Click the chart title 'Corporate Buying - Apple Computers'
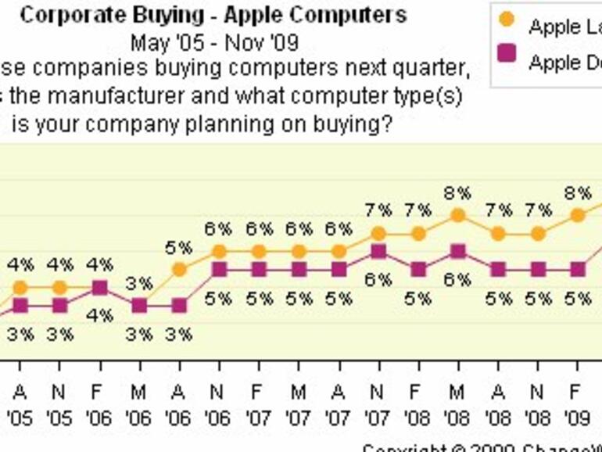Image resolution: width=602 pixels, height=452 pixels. [x=213, y=15]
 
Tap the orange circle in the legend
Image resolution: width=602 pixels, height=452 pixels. [x=507, y=19]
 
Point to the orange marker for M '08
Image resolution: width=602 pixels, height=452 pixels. [x=458, y=215]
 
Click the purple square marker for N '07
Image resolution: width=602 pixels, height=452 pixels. [x=378, y=251]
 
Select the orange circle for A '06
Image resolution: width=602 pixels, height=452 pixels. [x=179, y=270]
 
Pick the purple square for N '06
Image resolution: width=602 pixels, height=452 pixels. [x=219, y=269]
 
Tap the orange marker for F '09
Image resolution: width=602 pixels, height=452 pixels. [x=577, y=215]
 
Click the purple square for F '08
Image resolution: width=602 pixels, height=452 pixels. [x=418, y=269]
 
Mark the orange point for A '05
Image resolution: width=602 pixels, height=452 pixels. [x=20, y=288]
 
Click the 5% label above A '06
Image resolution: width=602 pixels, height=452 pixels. [x=179, y=248]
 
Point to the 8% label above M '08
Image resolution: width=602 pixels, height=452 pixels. [x=457, y=192]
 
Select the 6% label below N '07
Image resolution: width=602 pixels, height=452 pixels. [x=378, y=280]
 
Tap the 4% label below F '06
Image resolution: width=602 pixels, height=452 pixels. [x=99, y=316]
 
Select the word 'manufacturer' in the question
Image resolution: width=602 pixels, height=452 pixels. [x=127, y=98]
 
